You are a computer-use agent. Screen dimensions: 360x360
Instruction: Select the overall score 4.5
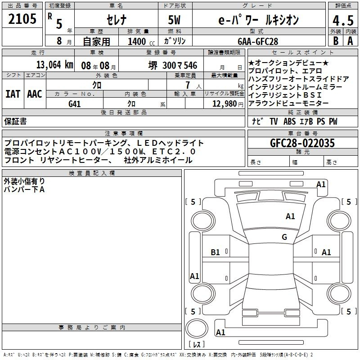(x=342, y=20)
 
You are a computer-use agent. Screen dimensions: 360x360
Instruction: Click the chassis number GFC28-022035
(x=302, y=144)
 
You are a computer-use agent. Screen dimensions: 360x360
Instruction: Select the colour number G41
(x=74, y=103)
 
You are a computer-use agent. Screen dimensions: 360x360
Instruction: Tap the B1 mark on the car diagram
(x=216, y=252)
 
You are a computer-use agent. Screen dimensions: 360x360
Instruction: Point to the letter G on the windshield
(x=284, y=237)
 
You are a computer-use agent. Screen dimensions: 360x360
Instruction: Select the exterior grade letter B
(x=335, y=41)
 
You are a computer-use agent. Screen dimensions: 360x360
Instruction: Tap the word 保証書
(x=15, y=121)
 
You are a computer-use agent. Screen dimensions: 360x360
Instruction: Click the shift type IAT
(x=13, y=94)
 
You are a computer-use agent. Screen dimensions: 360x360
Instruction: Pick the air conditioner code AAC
(x=35, y=94)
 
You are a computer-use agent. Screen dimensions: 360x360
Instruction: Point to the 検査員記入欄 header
(x=92, y=173)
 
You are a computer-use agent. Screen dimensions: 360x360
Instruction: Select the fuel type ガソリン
(x=175, y=41)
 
